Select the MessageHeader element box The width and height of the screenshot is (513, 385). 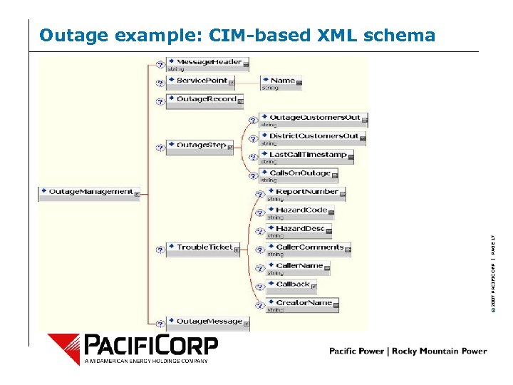[207, 62]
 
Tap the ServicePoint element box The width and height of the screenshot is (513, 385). [200, 81]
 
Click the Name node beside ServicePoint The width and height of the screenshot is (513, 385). [281, 81]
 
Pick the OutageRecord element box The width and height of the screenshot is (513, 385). [205, 99]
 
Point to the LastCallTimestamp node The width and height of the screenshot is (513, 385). [306, 154]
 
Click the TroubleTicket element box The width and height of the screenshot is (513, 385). [202, 247]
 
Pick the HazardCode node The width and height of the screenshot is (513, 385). [299, 210]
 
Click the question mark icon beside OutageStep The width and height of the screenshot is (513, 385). [160, 147]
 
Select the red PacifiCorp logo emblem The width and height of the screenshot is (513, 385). [64, 349]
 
